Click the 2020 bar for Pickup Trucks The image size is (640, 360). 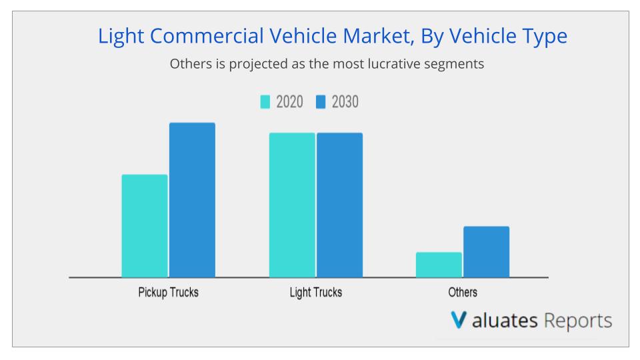(x=145, y=226)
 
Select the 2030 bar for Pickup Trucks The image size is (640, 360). (x=192, y=200)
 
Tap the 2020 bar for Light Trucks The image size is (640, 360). (x=292, y=205)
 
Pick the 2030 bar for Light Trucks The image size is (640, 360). (x=339, y=205)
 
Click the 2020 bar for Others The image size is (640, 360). (x=439, y=265)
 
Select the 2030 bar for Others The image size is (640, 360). (x=486, y=252)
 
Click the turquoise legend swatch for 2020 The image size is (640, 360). (x=265, y=102)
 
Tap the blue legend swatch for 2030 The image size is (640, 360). (x=320, y=102)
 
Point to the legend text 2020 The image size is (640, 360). (x=289, y=102)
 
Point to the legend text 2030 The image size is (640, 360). (x=345, y=102)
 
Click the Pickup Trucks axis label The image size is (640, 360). (x=168, y=293)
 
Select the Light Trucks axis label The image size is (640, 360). (x=316, y=293)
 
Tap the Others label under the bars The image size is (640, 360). (x=463, y=293)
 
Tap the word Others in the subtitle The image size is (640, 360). (x=189, y=65)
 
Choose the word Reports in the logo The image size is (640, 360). (x=578, y=321)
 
